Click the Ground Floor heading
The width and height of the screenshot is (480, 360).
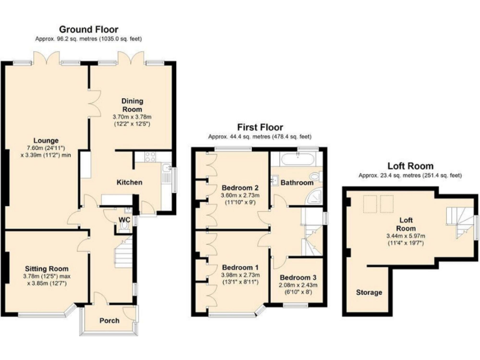tap(88, 29)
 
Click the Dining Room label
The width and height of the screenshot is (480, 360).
tap(132, 105)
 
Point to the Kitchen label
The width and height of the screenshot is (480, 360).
tap(129, 182)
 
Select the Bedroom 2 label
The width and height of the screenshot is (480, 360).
tap(240, 187)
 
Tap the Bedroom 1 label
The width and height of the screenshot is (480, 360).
tap(241, 267)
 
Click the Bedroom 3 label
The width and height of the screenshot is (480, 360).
tap(298, 277)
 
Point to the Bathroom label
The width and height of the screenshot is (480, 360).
tap(296, 183)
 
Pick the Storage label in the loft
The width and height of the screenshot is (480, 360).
tap(369, 292)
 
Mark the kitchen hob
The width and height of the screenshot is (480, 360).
tap(150, 157)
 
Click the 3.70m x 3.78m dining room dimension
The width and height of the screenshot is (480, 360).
tap(132, 116)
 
